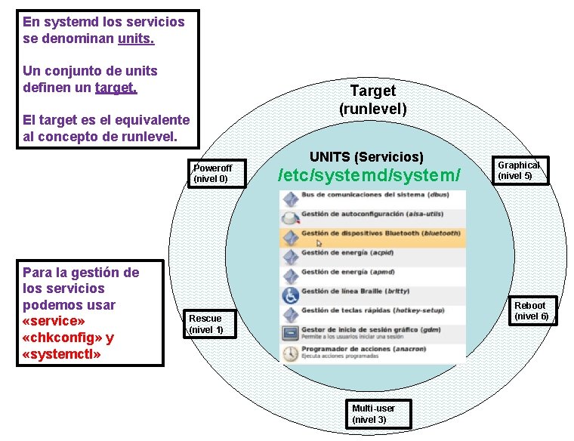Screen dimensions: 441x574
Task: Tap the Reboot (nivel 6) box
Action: click(x=531, y=311)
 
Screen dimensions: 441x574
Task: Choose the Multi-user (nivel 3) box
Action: click(x=378, y=414)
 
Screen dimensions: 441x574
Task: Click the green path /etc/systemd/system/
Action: click(x=369, y=175)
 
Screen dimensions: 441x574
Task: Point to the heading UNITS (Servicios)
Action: click(x=366, y=156)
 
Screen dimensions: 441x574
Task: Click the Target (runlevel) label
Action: click(x=373, y=99)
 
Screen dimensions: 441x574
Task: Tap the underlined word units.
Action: click(x=136, y=37)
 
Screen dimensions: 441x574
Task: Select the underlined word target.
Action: click(x=116, y=88)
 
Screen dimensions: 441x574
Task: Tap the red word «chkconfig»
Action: click(x=57, y=338)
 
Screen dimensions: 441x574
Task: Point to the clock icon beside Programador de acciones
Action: click(x=290, y=353)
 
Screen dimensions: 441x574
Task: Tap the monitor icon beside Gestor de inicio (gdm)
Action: click(x=290, y=333)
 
